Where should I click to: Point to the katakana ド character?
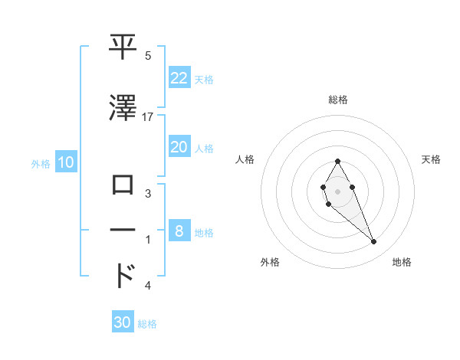124,275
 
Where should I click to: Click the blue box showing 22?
179,77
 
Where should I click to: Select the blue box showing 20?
179,148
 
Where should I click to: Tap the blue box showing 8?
179,231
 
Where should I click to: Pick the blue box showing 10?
65,162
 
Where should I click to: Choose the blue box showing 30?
123,322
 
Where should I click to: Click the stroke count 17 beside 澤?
148,117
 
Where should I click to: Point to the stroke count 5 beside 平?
148,56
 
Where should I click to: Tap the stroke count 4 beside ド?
148,286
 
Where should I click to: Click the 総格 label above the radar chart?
337,100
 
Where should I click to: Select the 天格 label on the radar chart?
432,159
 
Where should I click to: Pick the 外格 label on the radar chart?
270,262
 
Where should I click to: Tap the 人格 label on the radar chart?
245,159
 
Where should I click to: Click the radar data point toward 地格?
373,242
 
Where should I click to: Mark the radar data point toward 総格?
337,161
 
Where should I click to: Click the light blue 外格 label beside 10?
40,163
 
